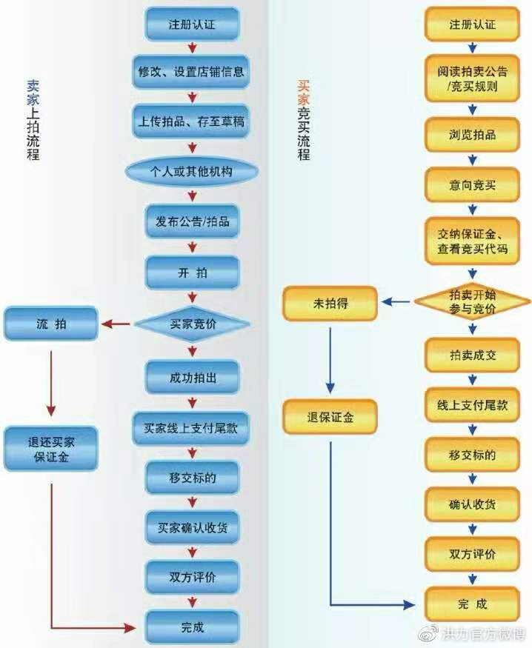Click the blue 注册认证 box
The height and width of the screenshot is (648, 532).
(x=192, y=24)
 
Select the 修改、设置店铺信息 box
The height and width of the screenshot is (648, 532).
(x=190, y=72)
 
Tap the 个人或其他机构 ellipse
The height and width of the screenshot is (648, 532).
(x=192, y=172)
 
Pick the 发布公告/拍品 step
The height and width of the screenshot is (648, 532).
(x=192, y=221)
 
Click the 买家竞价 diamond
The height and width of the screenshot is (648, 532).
(x=192, y=324)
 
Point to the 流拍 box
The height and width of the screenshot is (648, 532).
(x=51, y=324)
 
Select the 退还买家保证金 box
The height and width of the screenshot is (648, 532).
(x=51, y=450)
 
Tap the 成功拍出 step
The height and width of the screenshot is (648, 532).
(x=192, y=377)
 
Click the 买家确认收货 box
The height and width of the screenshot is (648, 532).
(x=192, y=528)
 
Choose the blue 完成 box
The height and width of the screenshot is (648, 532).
(x=192, y=627)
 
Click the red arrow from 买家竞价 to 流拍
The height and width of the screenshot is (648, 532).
(x=116, y=324)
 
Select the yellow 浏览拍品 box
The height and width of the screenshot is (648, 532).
(x=472, y=135)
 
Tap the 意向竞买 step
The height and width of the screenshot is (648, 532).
(x=472, y=184)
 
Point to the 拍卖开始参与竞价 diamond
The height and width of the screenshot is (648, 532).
(x=473, y=301)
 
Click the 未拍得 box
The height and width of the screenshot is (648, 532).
(x=330, y=304)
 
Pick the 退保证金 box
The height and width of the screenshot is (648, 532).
(x=330, y=417)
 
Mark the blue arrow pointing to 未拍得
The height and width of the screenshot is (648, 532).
(x=396, y=302)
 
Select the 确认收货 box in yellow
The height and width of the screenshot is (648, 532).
(x=472, y=504)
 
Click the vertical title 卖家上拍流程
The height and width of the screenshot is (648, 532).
(x=33, y=120)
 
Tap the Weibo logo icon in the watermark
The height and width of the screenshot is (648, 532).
(x=428, y=633)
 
